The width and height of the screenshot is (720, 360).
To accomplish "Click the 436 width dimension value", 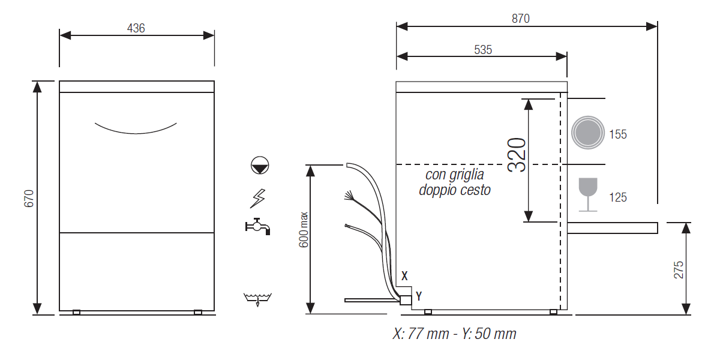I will (x=136, y=28).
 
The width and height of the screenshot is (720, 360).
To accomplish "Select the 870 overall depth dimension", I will (x=521, y=19).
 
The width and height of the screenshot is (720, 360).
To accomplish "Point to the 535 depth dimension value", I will (x=483, y=50).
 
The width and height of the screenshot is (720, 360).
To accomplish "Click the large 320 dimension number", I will (x=517, y=155).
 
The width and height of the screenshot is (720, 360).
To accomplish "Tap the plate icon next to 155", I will (x=587, y=133).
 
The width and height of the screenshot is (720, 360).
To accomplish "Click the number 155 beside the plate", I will (x=618, y=134).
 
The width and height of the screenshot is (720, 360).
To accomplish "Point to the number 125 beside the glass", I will (x=618, y=197).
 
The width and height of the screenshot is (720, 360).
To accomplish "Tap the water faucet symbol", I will (x=258, y=226).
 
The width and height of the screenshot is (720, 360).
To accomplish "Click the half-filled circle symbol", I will (x=260, y=166).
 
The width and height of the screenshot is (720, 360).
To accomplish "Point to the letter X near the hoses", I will (x=404, y=276).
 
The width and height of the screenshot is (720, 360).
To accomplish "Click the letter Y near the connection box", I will (x=419, y=296).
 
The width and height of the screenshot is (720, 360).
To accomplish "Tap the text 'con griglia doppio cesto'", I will (x=455, y=182).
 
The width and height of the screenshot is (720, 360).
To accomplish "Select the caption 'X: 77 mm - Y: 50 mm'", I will (x=454, y=334).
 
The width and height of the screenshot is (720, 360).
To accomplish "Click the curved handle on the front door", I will (x=136, y=128).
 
